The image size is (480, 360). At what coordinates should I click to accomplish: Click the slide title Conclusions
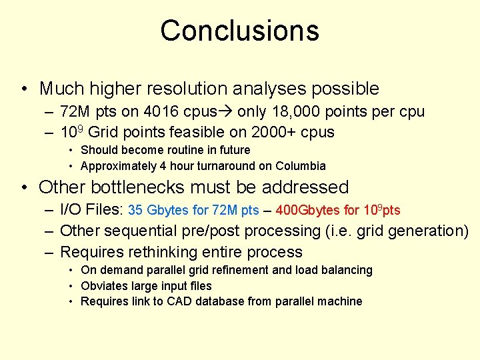[239, 31]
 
